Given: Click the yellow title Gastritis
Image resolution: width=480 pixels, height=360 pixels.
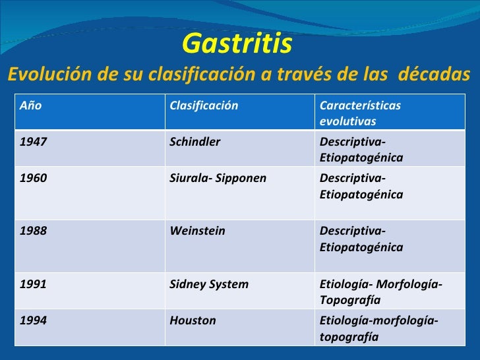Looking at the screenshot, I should pos(236,44).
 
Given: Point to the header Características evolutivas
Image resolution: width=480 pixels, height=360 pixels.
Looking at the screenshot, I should pos(360,113).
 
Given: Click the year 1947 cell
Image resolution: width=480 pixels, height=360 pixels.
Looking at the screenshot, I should pos(34,142).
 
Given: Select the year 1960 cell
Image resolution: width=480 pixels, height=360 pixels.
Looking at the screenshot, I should pos(34,178).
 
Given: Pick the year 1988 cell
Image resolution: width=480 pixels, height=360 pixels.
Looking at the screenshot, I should pos(34,231).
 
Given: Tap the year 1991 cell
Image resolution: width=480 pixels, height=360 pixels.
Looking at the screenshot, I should pos(33,284).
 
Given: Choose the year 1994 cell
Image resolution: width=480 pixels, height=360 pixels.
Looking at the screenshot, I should pos(34,320).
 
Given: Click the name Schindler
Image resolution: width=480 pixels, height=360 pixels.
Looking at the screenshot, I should pos(195,142).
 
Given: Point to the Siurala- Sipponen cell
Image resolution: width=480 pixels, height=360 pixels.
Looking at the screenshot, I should pos(218,178).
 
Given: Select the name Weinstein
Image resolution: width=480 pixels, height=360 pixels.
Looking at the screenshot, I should pos(197,231).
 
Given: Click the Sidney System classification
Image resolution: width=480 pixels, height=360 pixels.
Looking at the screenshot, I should pos(209,284).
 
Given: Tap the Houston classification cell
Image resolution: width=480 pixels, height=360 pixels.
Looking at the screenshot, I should pos(193,320).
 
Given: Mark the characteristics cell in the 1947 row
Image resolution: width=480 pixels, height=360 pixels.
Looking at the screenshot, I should pos(361,150).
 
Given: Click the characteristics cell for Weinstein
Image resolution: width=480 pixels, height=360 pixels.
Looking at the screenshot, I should pos(361,239).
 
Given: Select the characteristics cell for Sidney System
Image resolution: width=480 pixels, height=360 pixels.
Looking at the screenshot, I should pos(380,291).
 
